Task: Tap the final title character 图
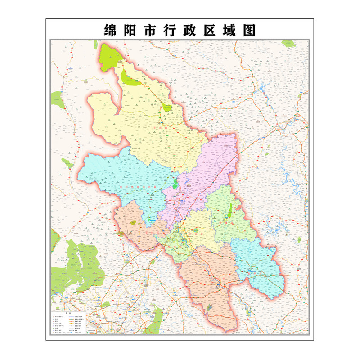(248, 30)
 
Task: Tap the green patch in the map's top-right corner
(288, 44)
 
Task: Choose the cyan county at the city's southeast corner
(259, 265)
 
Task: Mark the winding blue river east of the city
(288, 175)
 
